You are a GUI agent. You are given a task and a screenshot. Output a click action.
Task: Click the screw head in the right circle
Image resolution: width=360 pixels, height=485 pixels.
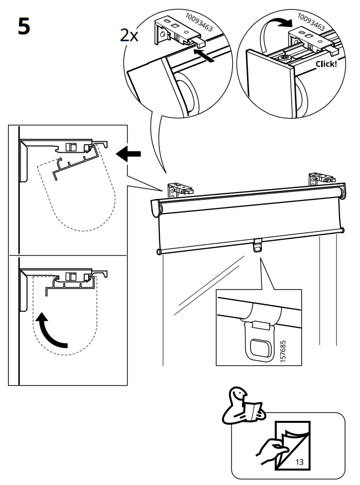(285, 58)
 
